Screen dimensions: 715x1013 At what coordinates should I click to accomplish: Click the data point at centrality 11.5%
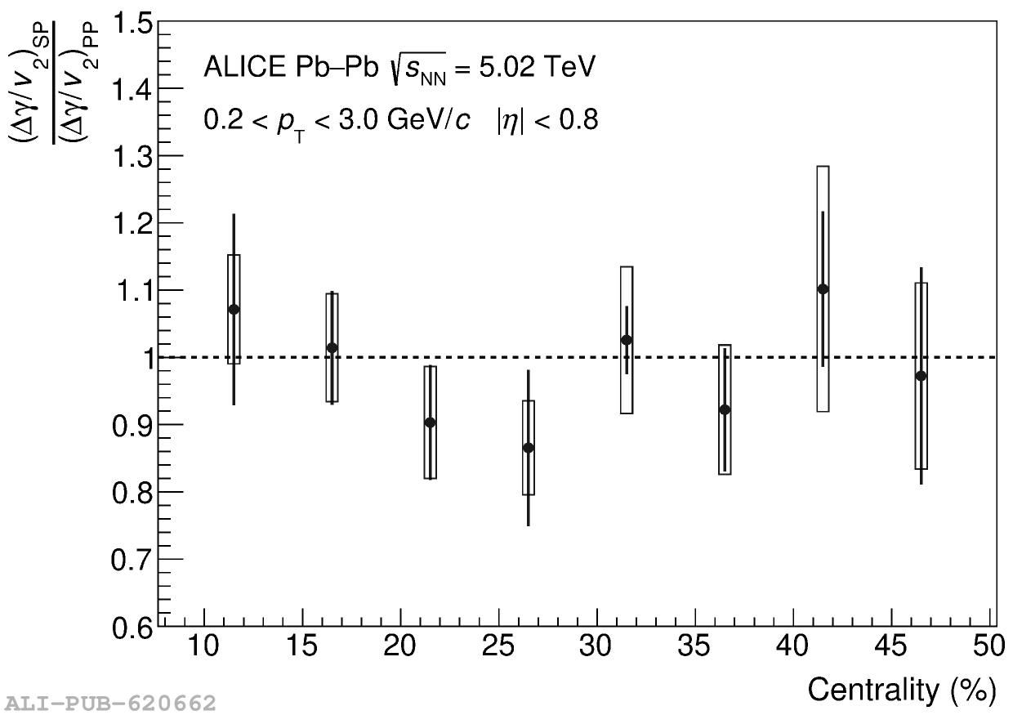[234, 309]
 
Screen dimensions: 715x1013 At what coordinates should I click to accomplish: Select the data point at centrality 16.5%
[332, 347]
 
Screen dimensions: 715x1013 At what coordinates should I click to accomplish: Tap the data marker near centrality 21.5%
[430, 422]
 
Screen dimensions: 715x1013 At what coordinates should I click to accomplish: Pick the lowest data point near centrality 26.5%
[528, 448]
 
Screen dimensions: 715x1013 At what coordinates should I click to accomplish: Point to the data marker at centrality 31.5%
[627, 340]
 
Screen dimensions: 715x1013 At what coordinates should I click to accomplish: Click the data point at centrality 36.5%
[725, 409]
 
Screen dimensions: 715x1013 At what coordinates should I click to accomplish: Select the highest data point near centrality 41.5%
[823, 288]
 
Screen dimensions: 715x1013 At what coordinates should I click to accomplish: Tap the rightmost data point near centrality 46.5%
[921, 376]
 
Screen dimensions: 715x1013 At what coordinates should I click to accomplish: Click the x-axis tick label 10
[203, 647]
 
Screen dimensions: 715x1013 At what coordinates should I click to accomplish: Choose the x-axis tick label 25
[498, 647]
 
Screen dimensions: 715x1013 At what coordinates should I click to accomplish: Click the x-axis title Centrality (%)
[901, 690]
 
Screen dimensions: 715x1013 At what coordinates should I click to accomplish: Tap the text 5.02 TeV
[532, 68]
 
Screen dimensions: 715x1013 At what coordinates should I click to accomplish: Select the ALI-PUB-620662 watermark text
[110, 703]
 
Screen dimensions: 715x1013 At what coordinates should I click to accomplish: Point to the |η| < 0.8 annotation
[547, 121]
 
